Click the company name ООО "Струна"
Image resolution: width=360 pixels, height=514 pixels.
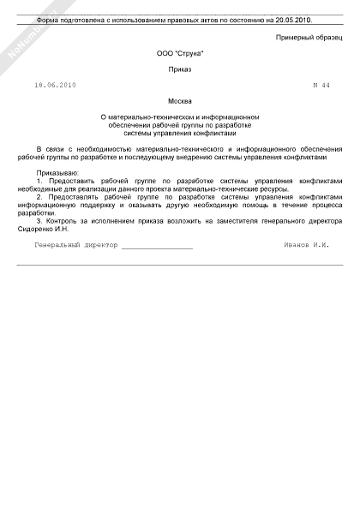pos(180,54)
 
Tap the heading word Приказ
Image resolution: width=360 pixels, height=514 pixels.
pos(180,69)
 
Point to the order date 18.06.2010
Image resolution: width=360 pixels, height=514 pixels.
pos(56,85)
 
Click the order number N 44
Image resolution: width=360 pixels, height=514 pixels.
pos(321,85)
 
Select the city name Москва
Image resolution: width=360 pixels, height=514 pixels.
pos(180,100)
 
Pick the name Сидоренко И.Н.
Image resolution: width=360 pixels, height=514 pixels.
pos(42,229)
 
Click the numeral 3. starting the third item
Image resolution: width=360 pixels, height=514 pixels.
pos(40,221)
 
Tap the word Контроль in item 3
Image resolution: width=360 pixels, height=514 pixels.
pos(63,221)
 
